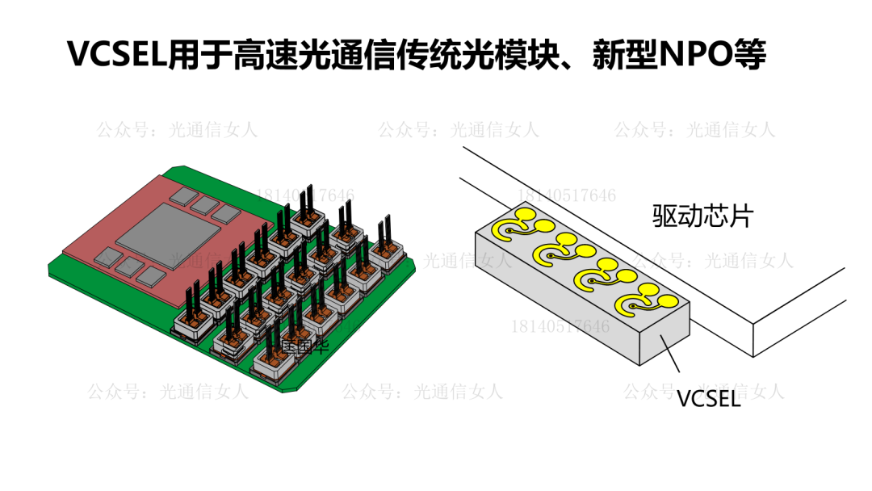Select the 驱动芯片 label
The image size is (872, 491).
coord(701,216)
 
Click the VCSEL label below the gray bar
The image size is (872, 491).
coord(708,398)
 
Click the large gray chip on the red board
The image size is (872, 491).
coord(169,233)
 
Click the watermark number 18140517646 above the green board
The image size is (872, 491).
coord(304,195)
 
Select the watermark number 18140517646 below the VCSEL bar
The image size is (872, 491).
coord(560,326)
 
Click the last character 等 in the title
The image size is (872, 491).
coord(748,55)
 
